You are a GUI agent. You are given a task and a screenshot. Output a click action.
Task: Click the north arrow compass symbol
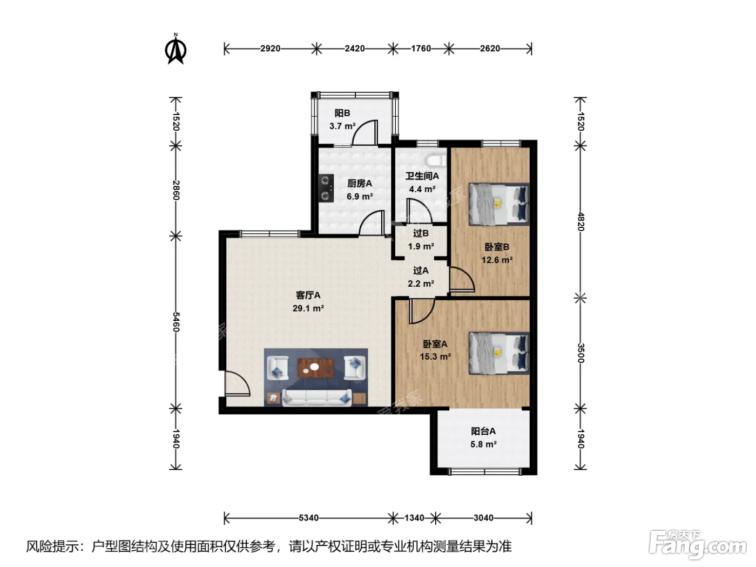pos(175,49)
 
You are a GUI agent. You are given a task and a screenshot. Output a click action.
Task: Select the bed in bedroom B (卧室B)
pos(499,204)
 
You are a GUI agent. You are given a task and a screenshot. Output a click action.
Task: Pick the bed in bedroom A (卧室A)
pos(499,353)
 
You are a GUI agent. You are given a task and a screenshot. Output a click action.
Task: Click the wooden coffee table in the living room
pos(315,368)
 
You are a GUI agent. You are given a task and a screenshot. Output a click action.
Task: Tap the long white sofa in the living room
pos(317,397)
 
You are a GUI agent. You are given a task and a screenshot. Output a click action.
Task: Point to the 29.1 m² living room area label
pos(308,308)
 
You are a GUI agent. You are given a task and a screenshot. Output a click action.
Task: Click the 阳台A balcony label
pos(483,431)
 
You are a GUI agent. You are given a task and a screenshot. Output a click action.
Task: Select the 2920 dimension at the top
pos(271,49)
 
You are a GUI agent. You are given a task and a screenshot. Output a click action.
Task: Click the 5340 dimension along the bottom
pos(308,518)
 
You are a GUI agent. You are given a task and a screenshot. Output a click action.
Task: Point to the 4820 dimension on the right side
pos(580,222)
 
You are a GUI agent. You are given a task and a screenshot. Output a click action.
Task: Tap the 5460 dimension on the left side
pos(175,322)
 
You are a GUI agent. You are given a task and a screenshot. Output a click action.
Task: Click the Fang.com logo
pos(698,545)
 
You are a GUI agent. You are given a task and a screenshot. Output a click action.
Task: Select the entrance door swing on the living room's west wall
pos(237,383)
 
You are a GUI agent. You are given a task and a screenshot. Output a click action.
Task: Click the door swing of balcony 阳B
pos(365,132)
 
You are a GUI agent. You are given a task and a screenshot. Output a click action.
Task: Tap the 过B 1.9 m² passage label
pos(421,240)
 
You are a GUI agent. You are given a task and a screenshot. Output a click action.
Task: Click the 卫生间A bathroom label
pos(422,176)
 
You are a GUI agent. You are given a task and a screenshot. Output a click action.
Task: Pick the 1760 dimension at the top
pos(421,49)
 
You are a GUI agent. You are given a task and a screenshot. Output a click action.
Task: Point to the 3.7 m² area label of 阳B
pos(342,126)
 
